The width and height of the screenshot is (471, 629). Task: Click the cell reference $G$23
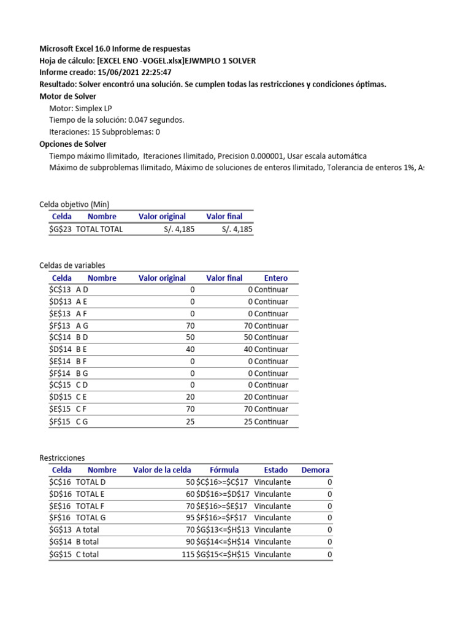(x=60, y=229)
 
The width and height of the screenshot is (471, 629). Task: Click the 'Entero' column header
(x=275, y=278)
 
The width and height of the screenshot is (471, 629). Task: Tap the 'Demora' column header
(x=315, y=470)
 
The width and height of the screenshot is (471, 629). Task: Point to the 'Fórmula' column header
(x=224, y=470)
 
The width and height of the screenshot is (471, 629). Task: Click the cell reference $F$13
(x=60, y=326)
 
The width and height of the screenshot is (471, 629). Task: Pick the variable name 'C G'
(x=82, y=421)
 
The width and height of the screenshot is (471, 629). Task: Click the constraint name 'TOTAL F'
(x=90, y=506)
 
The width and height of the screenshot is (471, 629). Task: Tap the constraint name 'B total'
(x=87, y=542)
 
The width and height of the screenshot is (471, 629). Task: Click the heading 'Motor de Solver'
(x=67, y=96)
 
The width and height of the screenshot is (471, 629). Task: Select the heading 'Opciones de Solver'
(x=72, y=144)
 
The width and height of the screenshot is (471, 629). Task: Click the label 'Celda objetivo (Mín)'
(x=74, y=204)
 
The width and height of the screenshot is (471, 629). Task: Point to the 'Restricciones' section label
(x=62, y=458)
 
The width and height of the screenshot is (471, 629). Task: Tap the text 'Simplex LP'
(x=93, y=108)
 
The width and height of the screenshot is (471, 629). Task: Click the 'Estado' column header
(x=275, y=470)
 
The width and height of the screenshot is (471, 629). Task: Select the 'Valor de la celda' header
(x=162, y=470)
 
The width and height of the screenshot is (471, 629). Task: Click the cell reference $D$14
(x=60, y=350)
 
